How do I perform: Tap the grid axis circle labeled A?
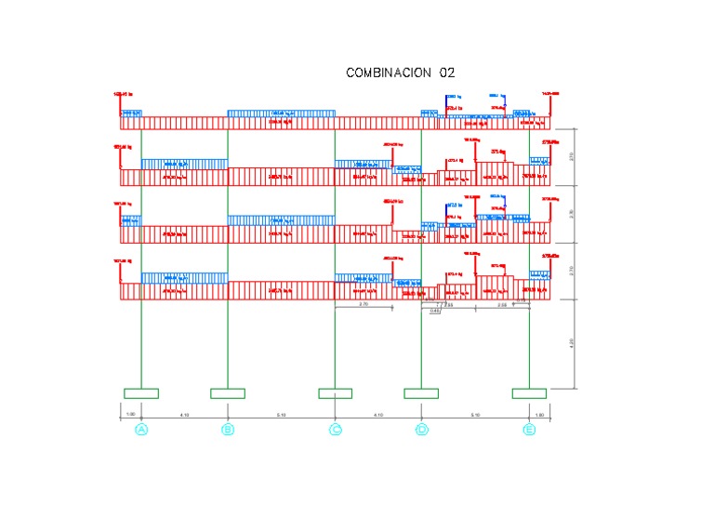(141, 430)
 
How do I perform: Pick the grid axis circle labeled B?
(228, 430)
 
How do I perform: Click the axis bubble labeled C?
(335, 430)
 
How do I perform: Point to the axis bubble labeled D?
(421, 430)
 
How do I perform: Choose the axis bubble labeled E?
(529, 430)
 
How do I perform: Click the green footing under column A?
(141, 393)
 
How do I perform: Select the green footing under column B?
(228, 393)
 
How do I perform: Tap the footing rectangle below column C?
(335, 393)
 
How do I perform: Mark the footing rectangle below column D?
(421, 393)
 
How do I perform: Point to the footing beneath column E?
(529, 393)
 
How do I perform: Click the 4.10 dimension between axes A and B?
(184, 414)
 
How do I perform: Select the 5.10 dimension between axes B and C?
(281, 414)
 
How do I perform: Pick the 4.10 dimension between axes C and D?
(377, 414)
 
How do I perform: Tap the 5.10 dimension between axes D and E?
(475, 414)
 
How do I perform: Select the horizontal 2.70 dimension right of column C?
(364, 304)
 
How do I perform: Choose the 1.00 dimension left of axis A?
(131, 414)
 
